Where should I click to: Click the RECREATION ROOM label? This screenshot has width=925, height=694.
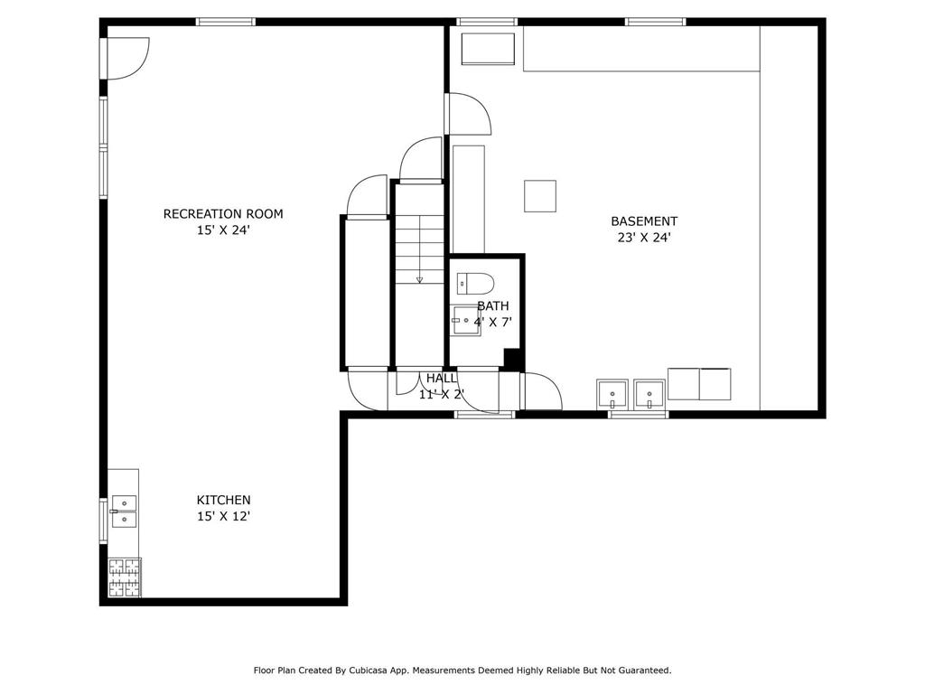223,213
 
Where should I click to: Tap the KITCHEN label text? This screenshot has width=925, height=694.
224,500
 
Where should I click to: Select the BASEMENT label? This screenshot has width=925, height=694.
644,221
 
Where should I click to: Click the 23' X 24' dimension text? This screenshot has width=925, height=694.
644,238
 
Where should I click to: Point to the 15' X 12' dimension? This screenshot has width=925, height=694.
224,516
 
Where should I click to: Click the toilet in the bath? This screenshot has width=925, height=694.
475,284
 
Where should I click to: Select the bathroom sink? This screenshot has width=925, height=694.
466,321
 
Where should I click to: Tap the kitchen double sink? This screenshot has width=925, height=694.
124,511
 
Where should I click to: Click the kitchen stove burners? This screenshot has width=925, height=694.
125,577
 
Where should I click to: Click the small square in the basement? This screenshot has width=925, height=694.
540,196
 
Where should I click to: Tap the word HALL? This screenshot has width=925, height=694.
441,379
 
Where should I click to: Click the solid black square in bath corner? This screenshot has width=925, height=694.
512,358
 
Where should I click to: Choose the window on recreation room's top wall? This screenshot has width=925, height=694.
226,22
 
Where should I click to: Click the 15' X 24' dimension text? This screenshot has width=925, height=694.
224,230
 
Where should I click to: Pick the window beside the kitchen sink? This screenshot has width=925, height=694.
103,521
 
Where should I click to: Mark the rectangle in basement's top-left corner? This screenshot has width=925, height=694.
487,49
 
